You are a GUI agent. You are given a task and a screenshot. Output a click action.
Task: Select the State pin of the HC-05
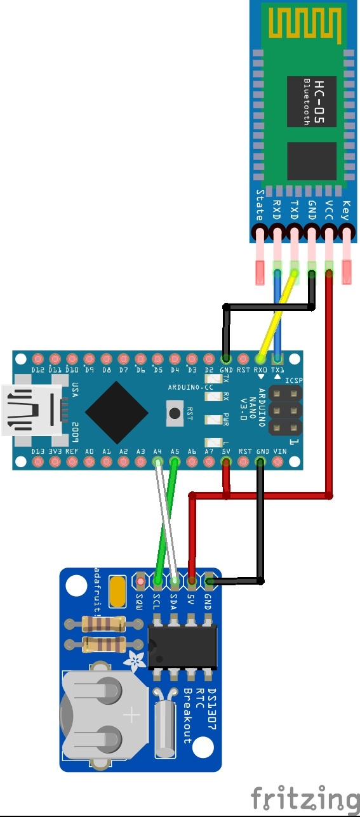258,232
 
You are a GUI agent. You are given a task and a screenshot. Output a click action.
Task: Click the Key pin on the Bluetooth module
346,232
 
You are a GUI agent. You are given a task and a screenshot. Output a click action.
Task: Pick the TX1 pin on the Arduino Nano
277,358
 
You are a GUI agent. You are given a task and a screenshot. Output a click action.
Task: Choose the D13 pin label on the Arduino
37,451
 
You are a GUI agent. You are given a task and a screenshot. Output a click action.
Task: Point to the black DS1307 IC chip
183,646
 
